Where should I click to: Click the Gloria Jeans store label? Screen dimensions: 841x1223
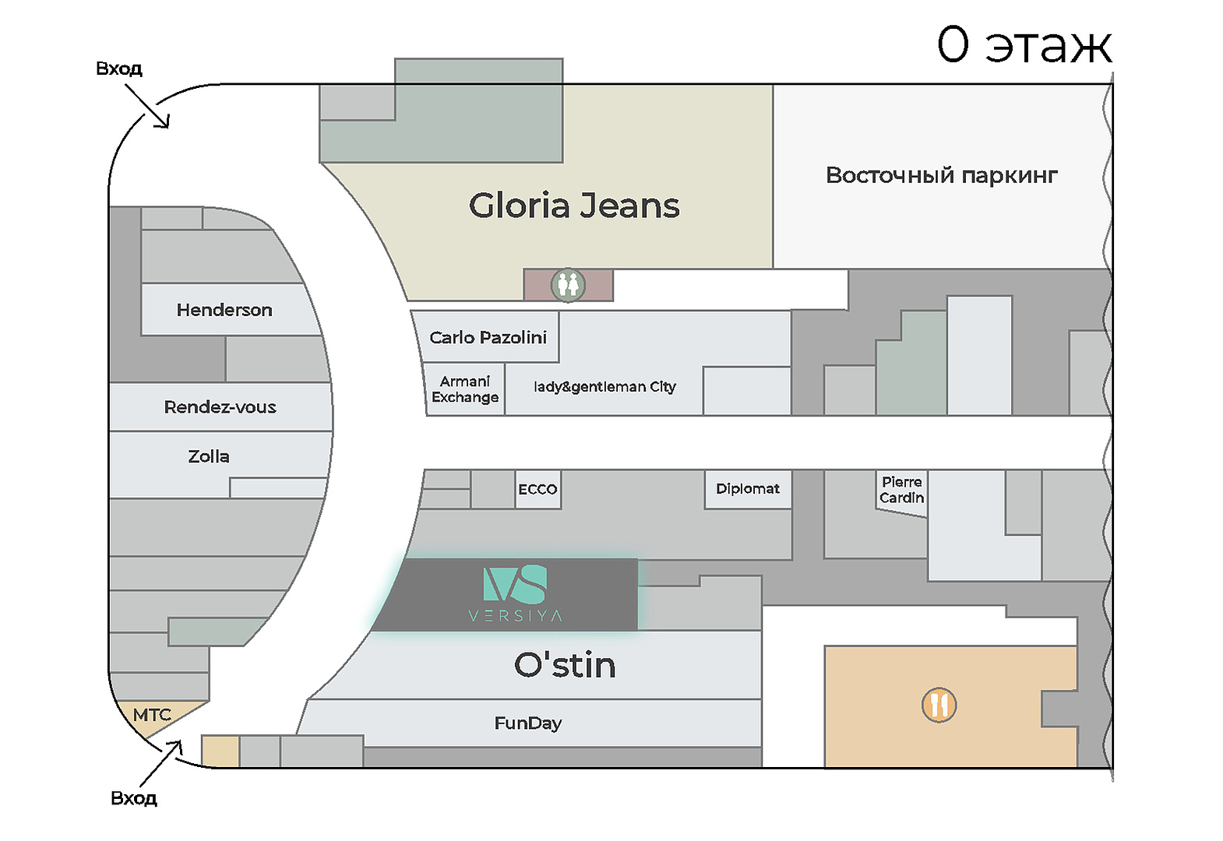(574, 206)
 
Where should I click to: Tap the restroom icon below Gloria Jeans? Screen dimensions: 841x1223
(568, 285)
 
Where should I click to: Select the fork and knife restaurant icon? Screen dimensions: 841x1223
(939, 705)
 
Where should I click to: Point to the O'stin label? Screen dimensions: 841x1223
(565, 665)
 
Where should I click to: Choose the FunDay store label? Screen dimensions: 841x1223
(528, 723)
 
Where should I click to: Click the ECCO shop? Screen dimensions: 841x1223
(537, 489)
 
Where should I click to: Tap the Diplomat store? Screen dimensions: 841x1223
(748, 489)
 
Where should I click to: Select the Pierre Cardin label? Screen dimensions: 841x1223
(901, 490)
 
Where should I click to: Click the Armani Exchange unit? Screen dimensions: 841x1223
(465, 389)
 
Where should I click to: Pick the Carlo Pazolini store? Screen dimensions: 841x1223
(488, 337)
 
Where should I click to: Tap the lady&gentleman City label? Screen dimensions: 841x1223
(604, 387)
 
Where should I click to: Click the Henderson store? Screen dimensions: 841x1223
(224, 310)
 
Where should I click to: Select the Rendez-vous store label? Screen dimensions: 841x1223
(220, 407)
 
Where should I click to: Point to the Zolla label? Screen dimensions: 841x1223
(209, 456)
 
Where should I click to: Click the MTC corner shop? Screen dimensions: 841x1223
(152, 715)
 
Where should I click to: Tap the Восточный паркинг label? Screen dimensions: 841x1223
(942, 175)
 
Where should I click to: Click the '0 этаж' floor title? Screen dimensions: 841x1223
(1024, 44)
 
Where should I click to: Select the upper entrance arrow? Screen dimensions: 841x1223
(147, 105)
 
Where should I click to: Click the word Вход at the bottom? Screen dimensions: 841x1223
(134, 798)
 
